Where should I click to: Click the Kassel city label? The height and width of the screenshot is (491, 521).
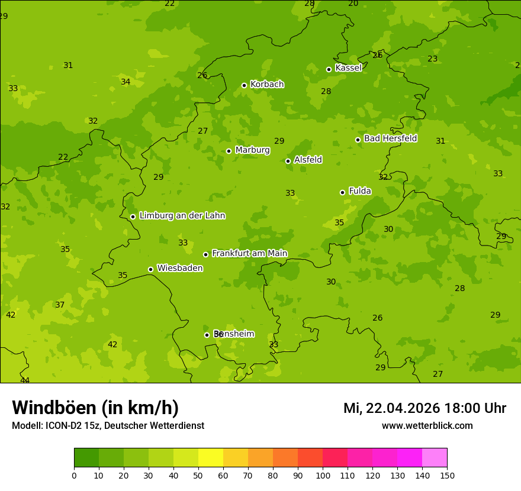348,68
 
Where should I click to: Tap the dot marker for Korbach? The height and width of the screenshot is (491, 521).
244,85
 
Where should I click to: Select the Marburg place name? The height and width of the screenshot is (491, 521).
252,150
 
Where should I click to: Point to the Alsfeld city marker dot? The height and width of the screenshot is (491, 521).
288,161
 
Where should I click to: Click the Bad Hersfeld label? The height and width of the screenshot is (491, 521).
390,138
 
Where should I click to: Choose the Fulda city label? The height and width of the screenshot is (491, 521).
360,191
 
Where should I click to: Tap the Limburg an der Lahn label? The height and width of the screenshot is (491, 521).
182,216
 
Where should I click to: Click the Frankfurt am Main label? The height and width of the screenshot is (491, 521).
249,254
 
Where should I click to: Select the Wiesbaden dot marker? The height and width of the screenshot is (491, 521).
150,269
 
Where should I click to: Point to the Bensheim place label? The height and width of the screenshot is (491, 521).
234,334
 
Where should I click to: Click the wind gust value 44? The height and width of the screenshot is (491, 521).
25,380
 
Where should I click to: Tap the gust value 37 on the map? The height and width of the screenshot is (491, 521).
60,305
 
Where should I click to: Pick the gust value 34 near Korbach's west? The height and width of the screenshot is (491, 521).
126,82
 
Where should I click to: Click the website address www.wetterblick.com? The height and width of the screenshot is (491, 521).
427,426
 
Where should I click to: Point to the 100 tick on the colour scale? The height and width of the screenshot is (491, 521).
323,475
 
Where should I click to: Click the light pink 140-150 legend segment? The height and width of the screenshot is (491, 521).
435,458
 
